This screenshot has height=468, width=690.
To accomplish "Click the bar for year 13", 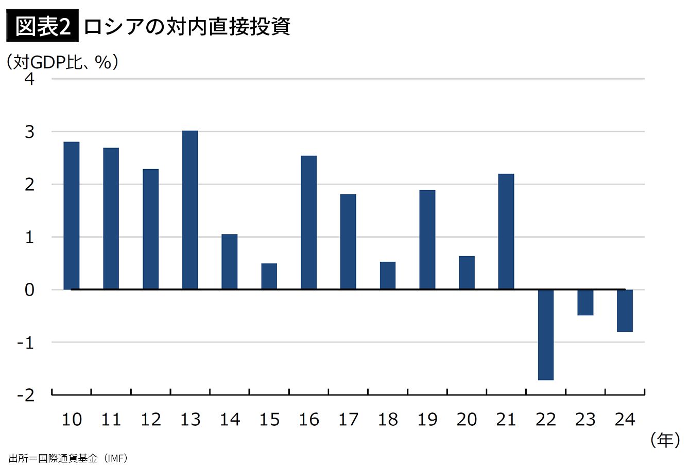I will [190, 210].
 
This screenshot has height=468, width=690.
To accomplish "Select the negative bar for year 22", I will [546, 334].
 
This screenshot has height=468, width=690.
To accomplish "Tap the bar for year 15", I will [269, 276].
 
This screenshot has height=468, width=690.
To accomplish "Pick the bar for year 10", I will [72, 215].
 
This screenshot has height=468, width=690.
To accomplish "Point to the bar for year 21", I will [506, 231].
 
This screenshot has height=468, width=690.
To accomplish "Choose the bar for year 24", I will [625, 310].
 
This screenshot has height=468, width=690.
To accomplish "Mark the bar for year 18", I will [388, 275].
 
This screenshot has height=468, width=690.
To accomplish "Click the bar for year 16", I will [308, 222].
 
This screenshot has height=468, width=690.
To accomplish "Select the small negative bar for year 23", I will [585, 302].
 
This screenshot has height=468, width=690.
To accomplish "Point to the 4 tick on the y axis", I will [29, 79].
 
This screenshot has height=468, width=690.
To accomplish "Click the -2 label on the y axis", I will [26, 395].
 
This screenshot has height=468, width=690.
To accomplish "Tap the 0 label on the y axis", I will [29, 290].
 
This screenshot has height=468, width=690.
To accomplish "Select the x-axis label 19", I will [427, 420].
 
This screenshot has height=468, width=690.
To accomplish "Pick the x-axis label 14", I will [230, 420].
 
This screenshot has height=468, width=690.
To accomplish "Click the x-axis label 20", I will [467, 420].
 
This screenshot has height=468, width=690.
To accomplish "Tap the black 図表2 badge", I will [42, 26].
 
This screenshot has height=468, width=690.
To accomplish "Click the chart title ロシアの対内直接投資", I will [186, 26].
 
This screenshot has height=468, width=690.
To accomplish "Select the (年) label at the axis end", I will [665, 440].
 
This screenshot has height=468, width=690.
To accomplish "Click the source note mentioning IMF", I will [68, 458].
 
